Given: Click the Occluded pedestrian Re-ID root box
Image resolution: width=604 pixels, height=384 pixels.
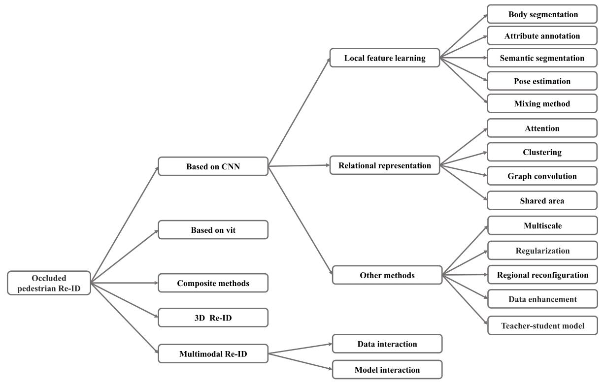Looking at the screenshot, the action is [x=49, y=283].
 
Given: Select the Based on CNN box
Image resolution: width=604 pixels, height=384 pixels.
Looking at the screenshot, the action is [x=213, y=166].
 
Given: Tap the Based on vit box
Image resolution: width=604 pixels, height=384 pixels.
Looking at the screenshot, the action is [x=213, y=230].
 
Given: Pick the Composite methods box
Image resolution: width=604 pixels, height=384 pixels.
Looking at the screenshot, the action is [x=213, y=283].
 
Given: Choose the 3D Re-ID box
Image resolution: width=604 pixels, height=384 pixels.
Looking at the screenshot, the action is [x=213, y=318].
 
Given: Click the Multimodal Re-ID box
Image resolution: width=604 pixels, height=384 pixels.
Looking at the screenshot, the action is [x=213, y=353].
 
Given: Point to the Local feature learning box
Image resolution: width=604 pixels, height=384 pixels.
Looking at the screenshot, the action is [x=385, y=58].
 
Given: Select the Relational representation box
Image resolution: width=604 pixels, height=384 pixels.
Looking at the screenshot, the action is [x=385, y=165].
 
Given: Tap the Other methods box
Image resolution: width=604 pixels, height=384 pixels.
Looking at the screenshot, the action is [x=387, y=275].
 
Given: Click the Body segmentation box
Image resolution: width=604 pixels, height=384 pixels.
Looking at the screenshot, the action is [x=542, y=14].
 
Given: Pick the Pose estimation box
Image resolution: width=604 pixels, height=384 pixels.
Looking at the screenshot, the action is [x=542, y=81].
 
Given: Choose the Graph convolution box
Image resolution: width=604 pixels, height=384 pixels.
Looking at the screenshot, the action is [x=542, y=176].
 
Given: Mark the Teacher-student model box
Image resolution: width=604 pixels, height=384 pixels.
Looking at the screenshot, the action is [x=543, y=325].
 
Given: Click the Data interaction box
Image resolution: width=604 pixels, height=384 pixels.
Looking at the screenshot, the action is [x=387, y=344].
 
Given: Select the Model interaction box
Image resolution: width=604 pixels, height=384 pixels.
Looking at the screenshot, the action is [x=387, y=369].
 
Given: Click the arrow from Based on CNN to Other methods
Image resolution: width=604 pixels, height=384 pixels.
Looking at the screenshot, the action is [x=301, y=221].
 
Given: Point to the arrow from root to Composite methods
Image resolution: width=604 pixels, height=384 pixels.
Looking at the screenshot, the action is [x=124, y=283].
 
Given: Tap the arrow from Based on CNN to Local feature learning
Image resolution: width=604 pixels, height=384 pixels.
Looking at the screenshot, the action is [x=300, y=112].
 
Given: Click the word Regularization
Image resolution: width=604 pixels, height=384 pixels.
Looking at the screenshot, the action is [x=543, y=251].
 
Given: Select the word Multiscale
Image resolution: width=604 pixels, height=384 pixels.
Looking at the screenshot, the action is [x=543, y=225].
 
